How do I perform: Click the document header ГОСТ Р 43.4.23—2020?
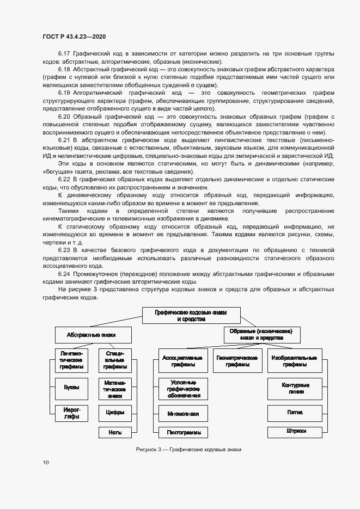point(74,36)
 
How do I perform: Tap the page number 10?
point(46,463)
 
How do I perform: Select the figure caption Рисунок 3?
point(188,450)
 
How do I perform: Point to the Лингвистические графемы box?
point(71,361)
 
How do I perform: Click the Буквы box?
point(71,388)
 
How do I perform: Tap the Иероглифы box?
point(71,413)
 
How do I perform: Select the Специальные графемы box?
point(115,361)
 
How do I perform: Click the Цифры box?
point(115,413)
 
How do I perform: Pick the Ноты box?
point(115,432)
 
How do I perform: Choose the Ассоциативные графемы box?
point(182,361)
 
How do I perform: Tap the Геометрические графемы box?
point(237,361)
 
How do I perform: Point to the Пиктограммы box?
point(184,432)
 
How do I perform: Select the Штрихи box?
point(295,432)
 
